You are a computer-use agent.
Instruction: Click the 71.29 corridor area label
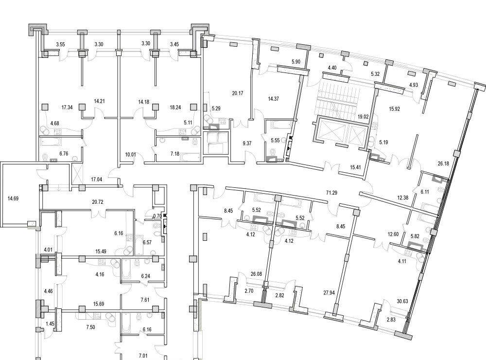pyautogui.click(x=331, y=193)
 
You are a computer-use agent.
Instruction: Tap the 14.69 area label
pyautogui.click(x=13, y=198)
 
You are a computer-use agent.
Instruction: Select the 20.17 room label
pyautogui.click(x=238, y=93)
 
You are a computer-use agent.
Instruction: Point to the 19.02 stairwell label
pyautogui.click(x=363, y=117)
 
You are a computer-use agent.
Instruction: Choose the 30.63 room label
pyautogui.click(x=402, y=301)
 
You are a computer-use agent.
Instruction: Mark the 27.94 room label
pyautogui.click(x=329, y=292)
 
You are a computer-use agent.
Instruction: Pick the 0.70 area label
pyautogui.click(x=157, y=216)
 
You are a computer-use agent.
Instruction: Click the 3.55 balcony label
pyautogui.click(x=60, y=44)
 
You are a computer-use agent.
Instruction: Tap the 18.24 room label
pyautogui.click(x=175, y=108)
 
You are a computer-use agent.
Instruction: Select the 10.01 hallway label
pyautogui.click(x=130, y=154)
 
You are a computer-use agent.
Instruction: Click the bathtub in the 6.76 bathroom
pyautogui.click(x=51, y=142)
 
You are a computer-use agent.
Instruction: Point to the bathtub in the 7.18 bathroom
pyautogui.click(x=190, y=157)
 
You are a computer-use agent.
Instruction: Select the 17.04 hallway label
pyautogui.click(x=97, y=180)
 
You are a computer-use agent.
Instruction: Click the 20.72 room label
pyautogui.click(x=98, y=202)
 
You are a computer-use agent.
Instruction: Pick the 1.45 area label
pyautogui.click(x=50, y=324)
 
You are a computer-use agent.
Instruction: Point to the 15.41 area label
pyautogui.click(x=355, y=167)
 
